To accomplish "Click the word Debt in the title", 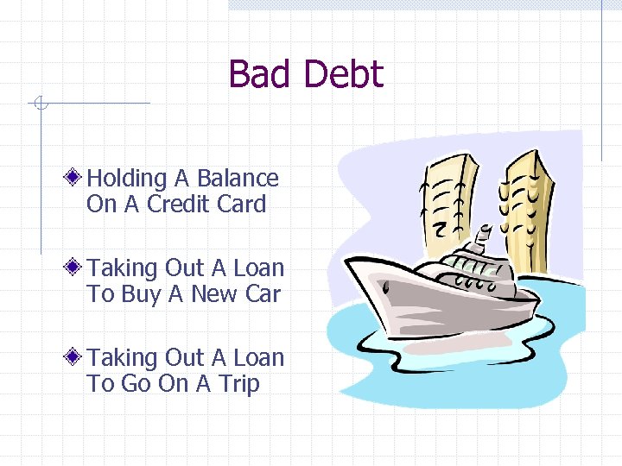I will pyautogui.click(x=343, y=75).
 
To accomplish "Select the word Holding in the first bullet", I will pyautogui.click(x=127, y=179).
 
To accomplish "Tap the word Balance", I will pyautogui.click(x=238, y=179).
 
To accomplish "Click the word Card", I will pyautogui.click(x=242, y=205).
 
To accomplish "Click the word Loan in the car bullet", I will pyautogui.click(x=254, y=268).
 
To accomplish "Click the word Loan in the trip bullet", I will pyautogui.click(x=254, y=358).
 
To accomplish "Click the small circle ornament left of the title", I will pyautogui.click(x=39, y=104).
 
